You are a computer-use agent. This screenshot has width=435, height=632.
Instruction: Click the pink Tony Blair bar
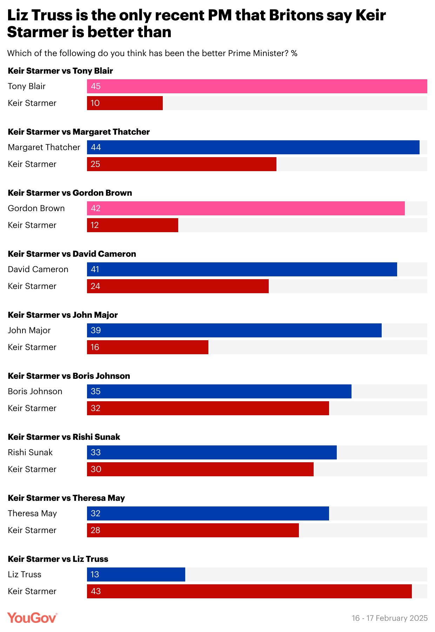tap(257, 86)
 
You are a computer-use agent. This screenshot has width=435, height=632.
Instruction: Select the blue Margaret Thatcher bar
tap(253, 147)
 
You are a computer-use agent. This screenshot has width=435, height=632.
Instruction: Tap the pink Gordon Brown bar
tap(246, 208)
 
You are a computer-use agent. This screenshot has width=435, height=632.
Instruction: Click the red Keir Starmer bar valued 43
tap(249, 591)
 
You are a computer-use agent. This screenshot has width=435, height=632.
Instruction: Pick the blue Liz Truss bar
tap(136, 574)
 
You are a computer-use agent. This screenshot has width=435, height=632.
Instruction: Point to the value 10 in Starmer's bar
tap(95, 103)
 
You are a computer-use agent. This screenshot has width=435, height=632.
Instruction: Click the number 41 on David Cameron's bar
tap(95, 269)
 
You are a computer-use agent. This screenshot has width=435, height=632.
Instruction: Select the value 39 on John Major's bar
tap(95, 330)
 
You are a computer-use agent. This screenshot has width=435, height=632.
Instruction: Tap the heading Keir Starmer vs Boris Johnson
tap(69, 376)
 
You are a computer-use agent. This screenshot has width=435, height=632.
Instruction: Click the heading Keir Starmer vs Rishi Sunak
tap(64, 437)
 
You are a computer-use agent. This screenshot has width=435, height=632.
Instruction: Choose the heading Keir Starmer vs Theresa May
tap(66, 498)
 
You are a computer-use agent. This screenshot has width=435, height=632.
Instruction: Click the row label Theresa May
tap(32, 513)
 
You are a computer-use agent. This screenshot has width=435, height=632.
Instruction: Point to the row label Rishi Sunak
tap(30, 452)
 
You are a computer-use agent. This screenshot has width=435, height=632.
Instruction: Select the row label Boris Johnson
tap(35, 391)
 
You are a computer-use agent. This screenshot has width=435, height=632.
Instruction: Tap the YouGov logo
tap(32, 618)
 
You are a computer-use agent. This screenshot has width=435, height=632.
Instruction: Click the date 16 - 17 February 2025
tap(389, 618)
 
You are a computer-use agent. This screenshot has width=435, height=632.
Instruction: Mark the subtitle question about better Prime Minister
tap(152, 53)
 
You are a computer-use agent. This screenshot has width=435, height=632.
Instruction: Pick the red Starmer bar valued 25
tap(181, 164)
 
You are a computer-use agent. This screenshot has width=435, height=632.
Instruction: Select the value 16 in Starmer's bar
tap(95, 347)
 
